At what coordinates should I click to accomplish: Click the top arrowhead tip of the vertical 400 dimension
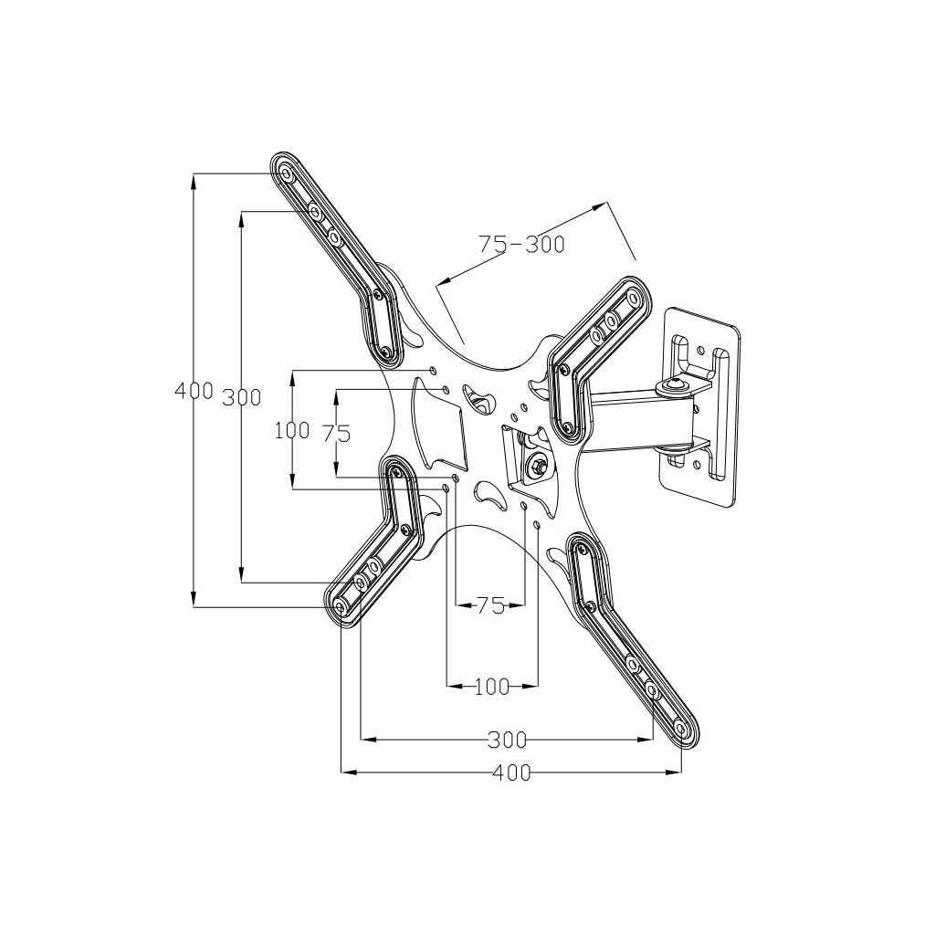(194, 173)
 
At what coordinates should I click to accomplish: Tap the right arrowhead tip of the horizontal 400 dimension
(681, 772)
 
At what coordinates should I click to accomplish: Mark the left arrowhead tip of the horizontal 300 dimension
(362, 740)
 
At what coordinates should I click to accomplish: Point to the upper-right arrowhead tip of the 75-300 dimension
(606, 203)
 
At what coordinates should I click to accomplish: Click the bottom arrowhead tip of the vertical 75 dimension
(336, 477)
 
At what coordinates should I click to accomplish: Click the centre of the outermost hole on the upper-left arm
(287, 174)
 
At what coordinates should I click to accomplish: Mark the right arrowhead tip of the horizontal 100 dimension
(539, 687)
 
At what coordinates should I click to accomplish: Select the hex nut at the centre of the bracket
(535, 465)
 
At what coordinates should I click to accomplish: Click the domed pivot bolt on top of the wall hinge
(675, 385)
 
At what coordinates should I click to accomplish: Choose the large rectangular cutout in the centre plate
(438, 427)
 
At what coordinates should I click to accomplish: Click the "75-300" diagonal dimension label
(521, 243)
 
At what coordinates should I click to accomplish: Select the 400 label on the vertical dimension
(194, 391)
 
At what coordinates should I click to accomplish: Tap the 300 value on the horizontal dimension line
(508, 740)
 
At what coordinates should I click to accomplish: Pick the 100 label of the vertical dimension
(292, 430)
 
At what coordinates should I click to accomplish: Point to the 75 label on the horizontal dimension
(490, 606)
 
